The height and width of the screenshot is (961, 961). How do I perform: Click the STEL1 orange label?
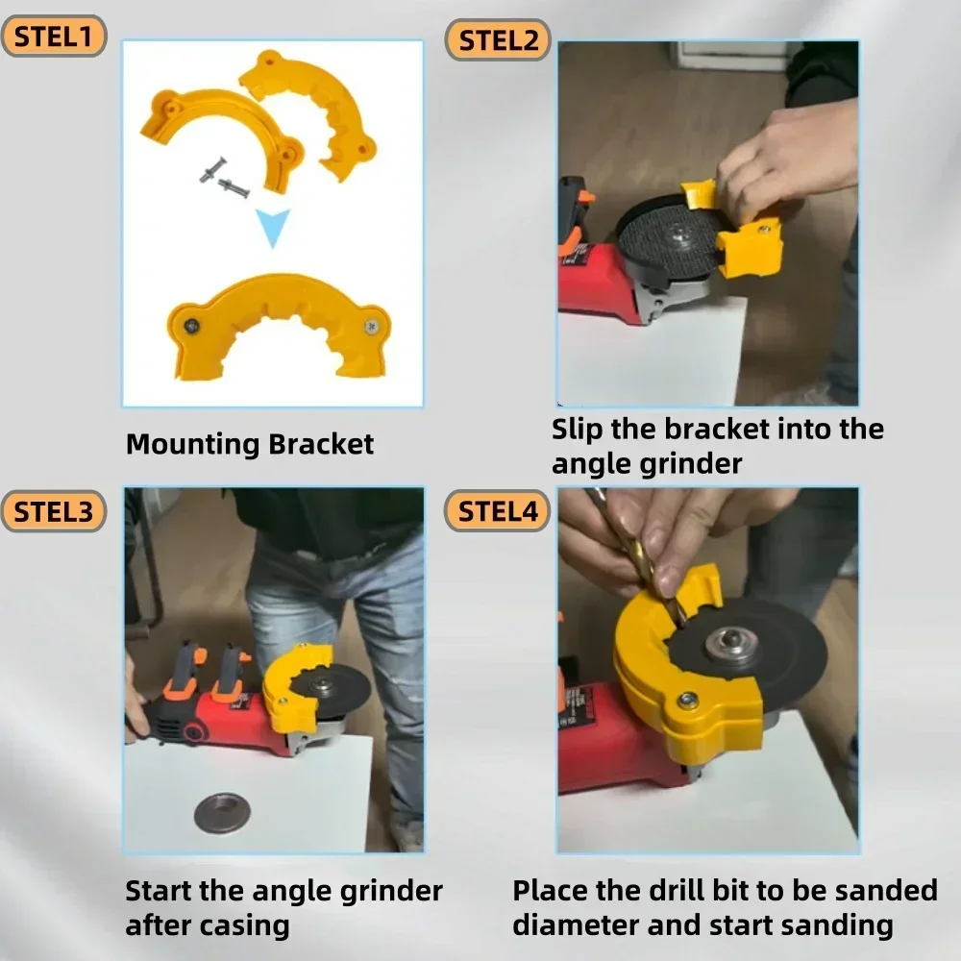[x=53, y=37]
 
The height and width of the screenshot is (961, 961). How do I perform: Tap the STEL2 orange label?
[x=497, y=40]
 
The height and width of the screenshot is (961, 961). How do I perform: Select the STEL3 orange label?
[x=53, y=510]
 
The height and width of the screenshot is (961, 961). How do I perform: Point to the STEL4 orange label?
[x=497, y=510]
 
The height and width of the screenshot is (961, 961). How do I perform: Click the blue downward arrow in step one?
[x=274, y=229]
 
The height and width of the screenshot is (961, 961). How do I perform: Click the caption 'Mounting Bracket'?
[x=249, y=444]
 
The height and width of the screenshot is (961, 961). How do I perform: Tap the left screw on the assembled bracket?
[x=192, y=325]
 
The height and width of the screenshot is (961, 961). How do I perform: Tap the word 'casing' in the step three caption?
[x=244, y=926]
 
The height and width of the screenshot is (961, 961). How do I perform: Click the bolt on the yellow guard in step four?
[x=688, y=701]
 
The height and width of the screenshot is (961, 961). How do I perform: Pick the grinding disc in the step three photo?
[x=331, y=685]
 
